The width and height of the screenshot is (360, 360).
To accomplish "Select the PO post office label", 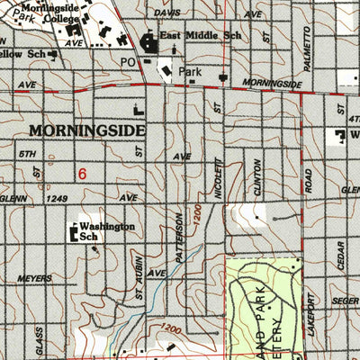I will tap(127, 62).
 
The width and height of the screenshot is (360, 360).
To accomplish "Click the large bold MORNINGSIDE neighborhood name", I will tap(86, 130).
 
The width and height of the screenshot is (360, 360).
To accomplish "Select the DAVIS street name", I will tap(166, 13).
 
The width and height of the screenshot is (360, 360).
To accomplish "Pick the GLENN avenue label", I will tap(14, 198).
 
